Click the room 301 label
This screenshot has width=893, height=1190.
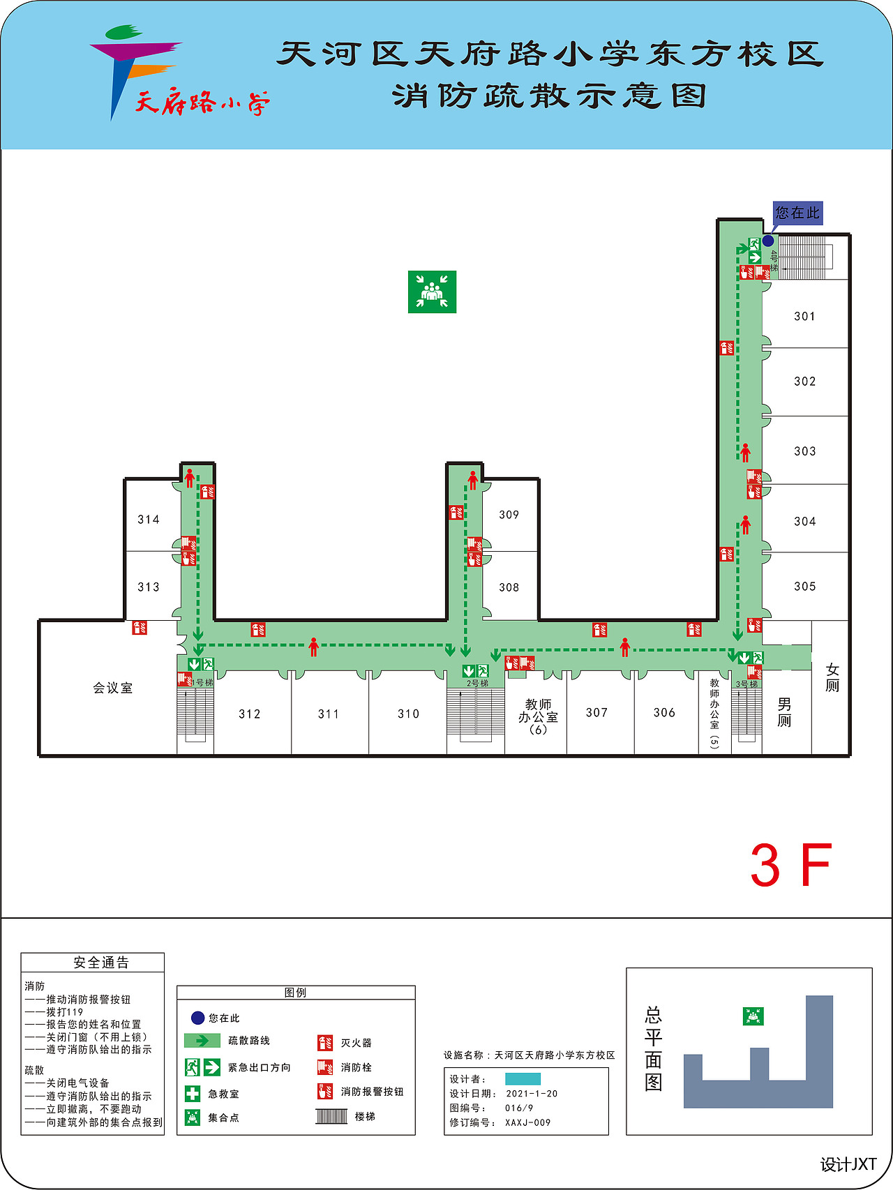pyautogui.click(x=804, y=317)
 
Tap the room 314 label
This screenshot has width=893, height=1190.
pyautogui.click(x=149, y=520)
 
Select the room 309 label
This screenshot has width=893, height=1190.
pyautogui.click(x=509, y=515)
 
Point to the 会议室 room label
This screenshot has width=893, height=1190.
pyautogui.click(x=113, y=688)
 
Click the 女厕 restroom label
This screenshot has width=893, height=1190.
pyautogui.click(x=832, y=678)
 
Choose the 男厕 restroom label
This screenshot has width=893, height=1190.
pyautogui.click(x=785, y=712)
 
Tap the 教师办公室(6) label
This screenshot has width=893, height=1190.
pyautogui.click(x=538, y=717)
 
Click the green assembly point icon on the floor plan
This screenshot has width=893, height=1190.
pyautogui.click(x=433, y=292)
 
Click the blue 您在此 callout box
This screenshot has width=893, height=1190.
pyautogui.click(x=798, y=213)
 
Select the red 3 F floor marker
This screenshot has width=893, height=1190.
pyautogui.click(x=791, y=866)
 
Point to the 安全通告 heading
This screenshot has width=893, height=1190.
pyautogui.click(x=102, y=963)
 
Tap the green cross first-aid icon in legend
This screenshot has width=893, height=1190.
pyautogui.click(x=193, y=1094)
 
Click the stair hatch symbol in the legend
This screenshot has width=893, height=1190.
pyautogui.click(x=331, y=1116)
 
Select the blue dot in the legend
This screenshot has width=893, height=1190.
pyautogui.click(x=197, y=1018)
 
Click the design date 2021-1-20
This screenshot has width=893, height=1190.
pyautogui.click(x=532, y=1094)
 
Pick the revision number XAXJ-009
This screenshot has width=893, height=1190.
pyautogui.click(x=528, y=1122)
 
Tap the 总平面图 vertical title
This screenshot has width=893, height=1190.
pyautogui.click(x=654, y=1048)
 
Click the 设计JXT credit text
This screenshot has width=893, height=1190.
pyautogui.click(x=848, y=1164)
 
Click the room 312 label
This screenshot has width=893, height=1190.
pyautogui.click(x=250, y=714)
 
